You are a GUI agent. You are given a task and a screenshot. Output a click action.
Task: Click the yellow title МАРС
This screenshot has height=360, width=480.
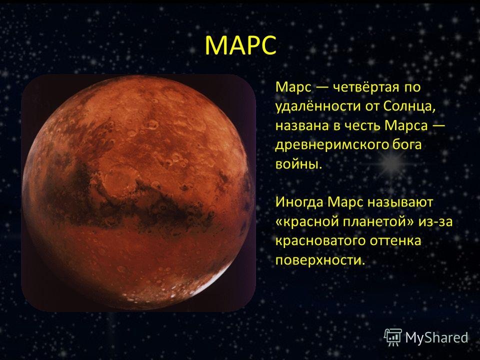pyautogui.click(x=240, y=45)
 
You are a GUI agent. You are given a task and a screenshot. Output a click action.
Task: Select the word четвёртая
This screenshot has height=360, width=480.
pyautogui.click(x=366, y=87)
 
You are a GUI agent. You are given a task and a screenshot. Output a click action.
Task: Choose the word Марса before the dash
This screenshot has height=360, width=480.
pyautogui.click(x=406, y=125)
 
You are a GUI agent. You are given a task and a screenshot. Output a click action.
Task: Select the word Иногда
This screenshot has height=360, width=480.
pyautogui.click(x=299, y=202)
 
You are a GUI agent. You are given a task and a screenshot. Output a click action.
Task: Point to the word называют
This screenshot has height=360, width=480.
pyautogui.click(x=400, y=202)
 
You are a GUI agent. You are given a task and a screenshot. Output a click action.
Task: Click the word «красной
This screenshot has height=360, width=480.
pyautogui.click(x=307, y=221)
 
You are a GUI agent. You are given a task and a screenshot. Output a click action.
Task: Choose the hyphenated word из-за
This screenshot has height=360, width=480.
pyautogui.click(x=435, y=221)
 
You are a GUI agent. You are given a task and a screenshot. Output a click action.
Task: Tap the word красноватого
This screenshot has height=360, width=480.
pyautogui.click(x=320, y=241)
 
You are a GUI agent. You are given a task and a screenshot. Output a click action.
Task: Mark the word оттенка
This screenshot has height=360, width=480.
pyautogui.click(x=395, y=241)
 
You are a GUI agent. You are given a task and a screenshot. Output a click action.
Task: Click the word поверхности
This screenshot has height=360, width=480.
pyautogui.click(x=320, y=260)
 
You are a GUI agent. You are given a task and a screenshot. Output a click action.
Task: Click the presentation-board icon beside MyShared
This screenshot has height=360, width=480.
pyautogui.click(x=393, y=337)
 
